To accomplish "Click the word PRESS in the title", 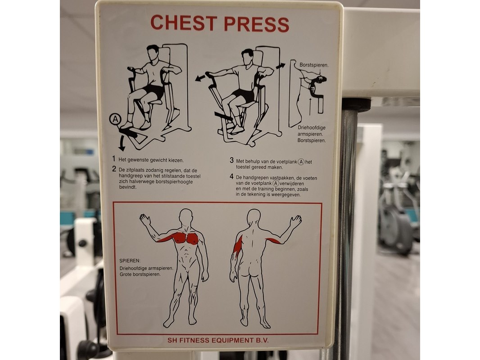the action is [x=257, y=23].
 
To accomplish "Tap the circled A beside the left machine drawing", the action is [x=115, y=119].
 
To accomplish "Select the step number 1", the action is [x=113, y=159].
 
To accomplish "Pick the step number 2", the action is [x=114, y=169].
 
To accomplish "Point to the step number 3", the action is [x=231, y=161].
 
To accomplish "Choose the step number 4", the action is [x=231, y=177].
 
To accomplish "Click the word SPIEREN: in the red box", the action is [x=130, y=261].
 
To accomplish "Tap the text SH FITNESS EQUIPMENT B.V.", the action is [x=218, y=340].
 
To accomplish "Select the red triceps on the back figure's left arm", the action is [x=238, y=246].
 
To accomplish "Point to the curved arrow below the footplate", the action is [x=122, y=143].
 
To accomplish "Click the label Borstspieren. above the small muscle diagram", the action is [x=314, y=65].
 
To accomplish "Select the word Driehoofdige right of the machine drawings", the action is [x=312, y=128].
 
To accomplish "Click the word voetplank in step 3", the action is [x=287, y=162].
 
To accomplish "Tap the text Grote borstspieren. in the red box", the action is [x=140, y=274].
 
